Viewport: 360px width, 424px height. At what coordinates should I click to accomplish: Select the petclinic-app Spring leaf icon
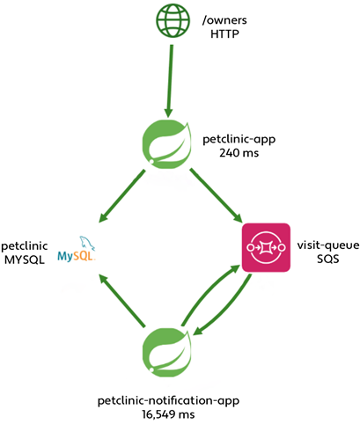click(167, 142)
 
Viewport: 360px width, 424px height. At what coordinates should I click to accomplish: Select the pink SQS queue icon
click(265, 247)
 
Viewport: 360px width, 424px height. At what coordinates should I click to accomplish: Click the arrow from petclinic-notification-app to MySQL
click(123, 300)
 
